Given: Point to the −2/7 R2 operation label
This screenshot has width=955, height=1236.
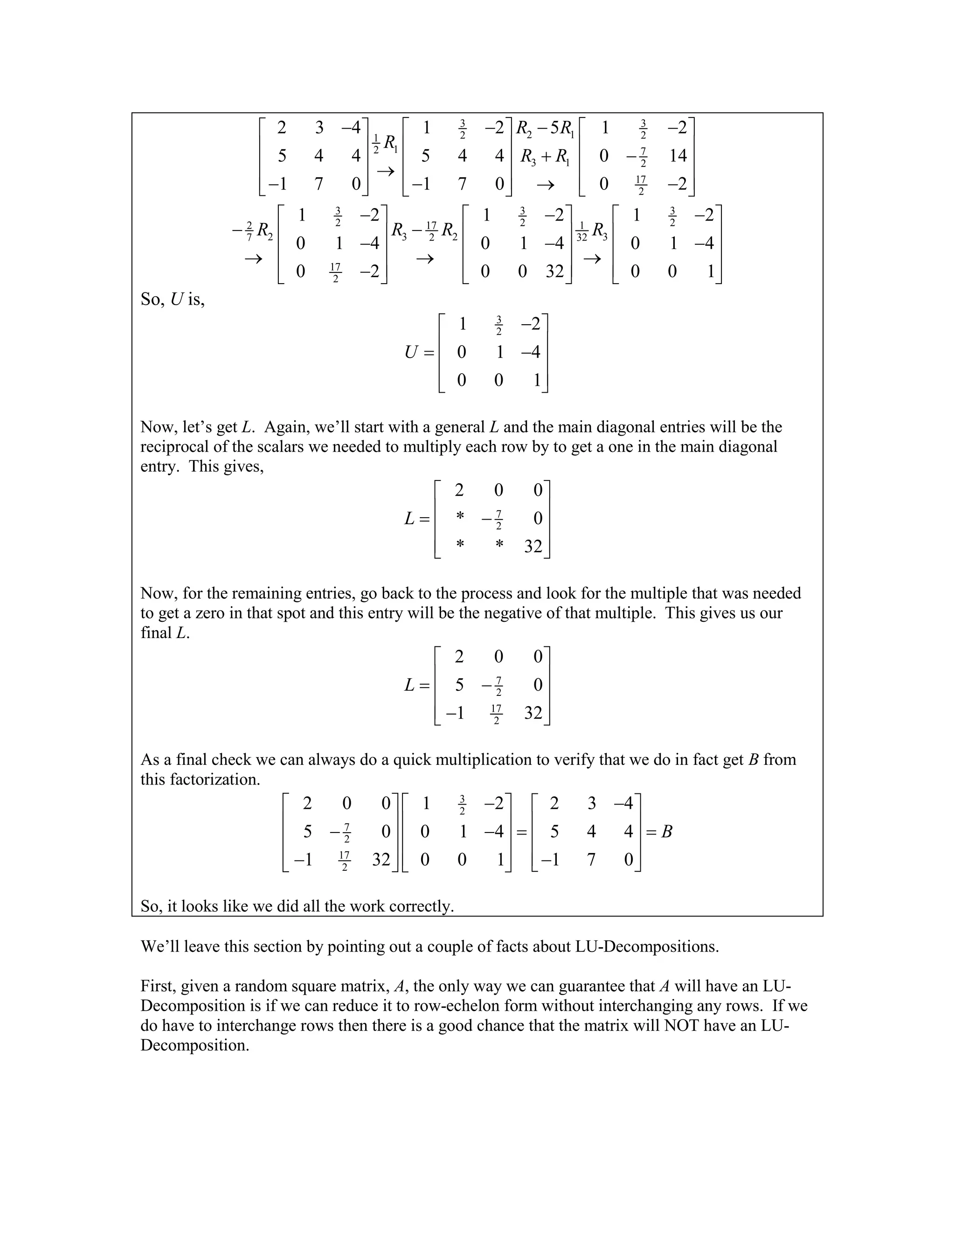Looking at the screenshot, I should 252,231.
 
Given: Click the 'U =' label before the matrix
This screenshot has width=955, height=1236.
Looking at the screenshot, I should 419,353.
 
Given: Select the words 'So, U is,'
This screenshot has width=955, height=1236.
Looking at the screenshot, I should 173,299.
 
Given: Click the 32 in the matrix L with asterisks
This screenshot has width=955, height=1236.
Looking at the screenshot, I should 533,546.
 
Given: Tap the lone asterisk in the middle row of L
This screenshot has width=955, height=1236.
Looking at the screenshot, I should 460,517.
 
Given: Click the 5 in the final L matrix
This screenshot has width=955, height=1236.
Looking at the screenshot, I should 459,685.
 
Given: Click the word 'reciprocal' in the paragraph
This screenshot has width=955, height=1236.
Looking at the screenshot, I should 178,446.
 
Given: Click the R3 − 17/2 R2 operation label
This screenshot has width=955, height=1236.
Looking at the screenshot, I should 424,231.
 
